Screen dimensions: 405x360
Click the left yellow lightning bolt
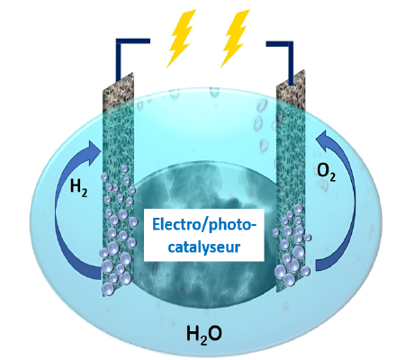pos(182,39)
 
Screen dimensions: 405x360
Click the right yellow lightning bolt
pos(235,39)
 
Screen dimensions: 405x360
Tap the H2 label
pos(78,186)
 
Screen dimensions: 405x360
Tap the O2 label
pos(327,173)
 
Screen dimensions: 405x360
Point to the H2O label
pos(204,334)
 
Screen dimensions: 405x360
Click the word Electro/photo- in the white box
pos(204,225)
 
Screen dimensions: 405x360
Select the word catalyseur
pos(204,247)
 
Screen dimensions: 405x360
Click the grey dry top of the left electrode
pos(118,92)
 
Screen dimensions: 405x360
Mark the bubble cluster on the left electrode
pos(119,231)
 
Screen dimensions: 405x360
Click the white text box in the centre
pos(204,235)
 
